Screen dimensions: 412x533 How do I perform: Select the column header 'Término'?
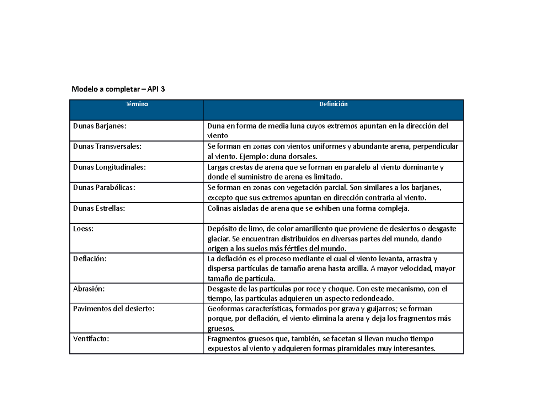pos(136,104)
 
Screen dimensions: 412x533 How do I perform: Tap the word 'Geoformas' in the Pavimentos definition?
pos(225,309)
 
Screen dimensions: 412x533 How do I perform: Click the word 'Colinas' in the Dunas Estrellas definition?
pos(220,208)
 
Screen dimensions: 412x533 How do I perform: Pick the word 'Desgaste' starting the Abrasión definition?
pos(223,288)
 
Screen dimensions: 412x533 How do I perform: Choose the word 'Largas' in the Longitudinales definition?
pos(219,167)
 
